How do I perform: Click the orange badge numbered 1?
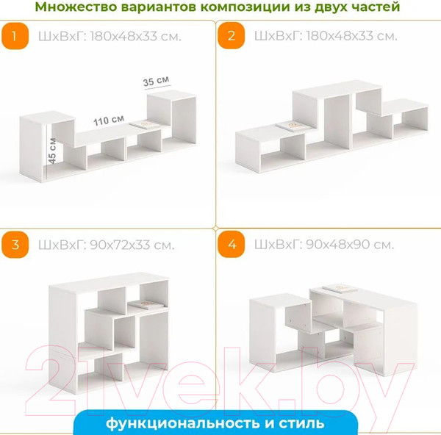tap(15, 36)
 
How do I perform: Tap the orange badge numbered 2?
tap(232, 36)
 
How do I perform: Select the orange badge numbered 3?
tap(15, 245)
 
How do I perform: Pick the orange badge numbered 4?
tap(232, 244)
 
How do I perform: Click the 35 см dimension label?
tap(157, 82)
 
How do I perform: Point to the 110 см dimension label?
tap(109, 121)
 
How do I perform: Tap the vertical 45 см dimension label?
tap(52, 151)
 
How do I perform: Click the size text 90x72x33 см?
tap(132, 245)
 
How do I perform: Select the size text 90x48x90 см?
tap(350, 245)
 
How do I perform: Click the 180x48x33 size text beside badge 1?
tap(135, 37)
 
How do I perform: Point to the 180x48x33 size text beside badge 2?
tap(351, 36)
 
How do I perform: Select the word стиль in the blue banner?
tap(302, 423)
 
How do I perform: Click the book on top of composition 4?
tap(340, 289)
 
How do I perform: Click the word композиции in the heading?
tap(245, 7)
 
